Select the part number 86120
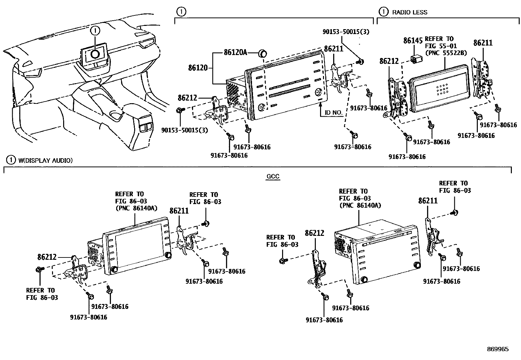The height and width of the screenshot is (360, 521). click(198, 68)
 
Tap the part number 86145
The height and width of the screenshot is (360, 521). click(413, 41)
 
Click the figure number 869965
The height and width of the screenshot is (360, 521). click(497, 349)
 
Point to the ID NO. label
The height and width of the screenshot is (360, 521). click(333, 113)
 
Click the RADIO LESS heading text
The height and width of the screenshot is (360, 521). click(409, 12)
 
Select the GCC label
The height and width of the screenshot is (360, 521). click(273, 177)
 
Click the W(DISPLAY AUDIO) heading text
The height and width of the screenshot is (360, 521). click(45, 160)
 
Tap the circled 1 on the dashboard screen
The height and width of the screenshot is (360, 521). click(95, 53)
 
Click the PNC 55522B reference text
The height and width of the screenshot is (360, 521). click(445, 53)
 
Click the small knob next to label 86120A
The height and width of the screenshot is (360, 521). click(262, 53)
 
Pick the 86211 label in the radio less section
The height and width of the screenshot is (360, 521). click(483, 43)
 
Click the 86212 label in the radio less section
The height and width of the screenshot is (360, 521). click(389, 61)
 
